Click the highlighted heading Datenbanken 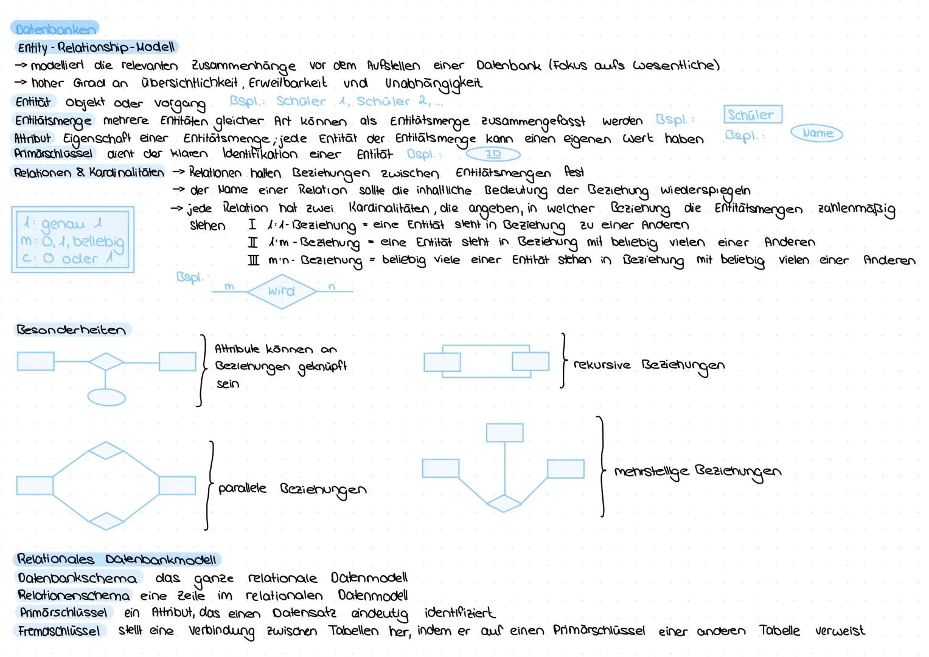(x=55, y=29)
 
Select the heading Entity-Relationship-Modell (x=96, y=47)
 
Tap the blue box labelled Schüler (x=752, y=114)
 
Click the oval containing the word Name (x=817, y=133)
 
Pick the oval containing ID (x=493, y=154)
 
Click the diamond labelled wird (x=282, y=291)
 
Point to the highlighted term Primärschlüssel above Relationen (x=54, y=153)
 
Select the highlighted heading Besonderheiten (x=72, y=330)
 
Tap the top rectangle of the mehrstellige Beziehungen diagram (x=504, y=433)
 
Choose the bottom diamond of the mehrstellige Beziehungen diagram (x=504, y=503)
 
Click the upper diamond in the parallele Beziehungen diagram (x=106, y=451)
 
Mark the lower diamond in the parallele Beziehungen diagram (x=106, y=521)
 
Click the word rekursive (x=602, y=365)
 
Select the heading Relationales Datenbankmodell (x=117, y=559)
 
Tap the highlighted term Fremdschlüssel (x=59, y=631)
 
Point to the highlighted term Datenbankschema (x=77, y=577)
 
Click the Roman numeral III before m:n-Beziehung (x=253, y=260)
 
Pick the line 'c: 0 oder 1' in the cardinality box (x=68, y=259)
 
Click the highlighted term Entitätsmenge (x=54, y=121)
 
